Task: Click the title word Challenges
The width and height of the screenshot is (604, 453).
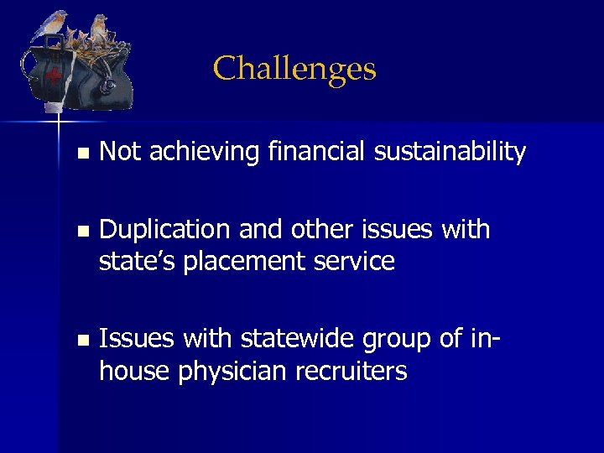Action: pos(294,69)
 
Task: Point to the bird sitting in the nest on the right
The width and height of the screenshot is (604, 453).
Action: pos(99,29)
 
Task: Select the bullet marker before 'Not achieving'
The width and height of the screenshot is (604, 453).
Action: pos(81,154)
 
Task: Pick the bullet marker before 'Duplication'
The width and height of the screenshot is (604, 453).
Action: pos(81,231)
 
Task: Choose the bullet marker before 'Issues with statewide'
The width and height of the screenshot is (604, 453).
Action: pos(81,341)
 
